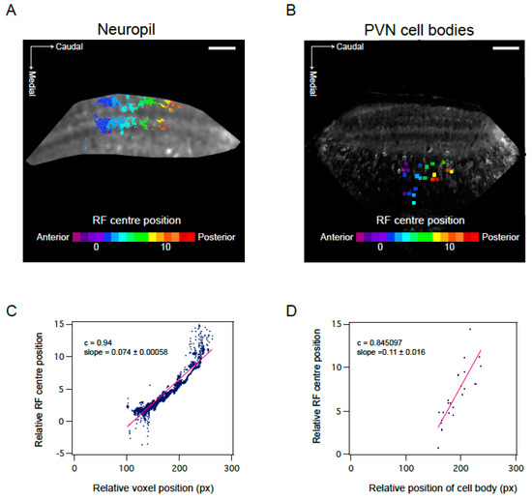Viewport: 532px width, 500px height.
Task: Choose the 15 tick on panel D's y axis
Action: coord(336,323)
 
